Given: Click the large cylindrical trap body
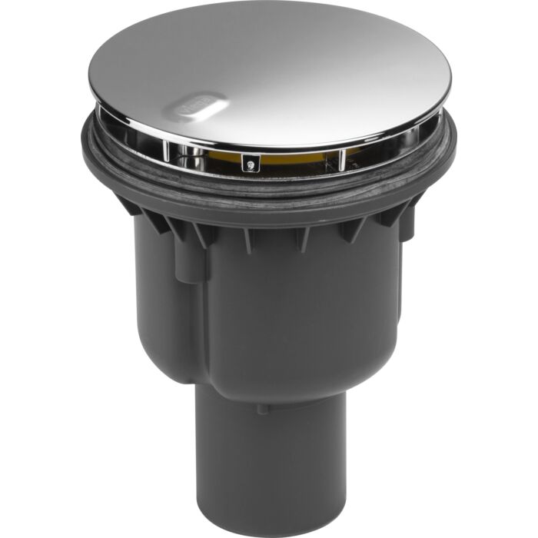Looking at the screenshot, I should tap(269, 307).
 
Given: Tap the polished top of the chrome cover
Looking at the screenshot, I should tap(277, 69).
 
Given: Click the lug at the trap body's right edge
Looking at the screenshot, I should tap(407, 223).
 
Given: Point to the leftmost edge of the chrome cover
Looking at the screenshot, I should tap(90, 92).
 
